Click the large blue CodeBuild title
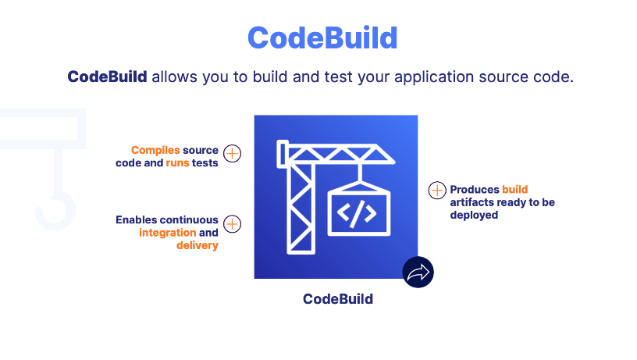click(322, 37)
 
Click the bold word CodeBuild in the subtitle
click(107, 77)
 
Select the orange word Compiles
click(155, 150)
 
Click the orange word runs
click(177, 162)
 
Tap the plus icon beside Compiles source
click(233, 153)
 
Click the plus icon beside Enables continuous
click(232, 223)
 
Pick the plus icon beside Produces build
click(437, 190)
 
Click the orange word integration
click(167, 233)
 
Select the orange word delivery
click(197, 245)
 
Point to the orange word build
click(515, 190)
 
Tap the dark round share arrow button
click(418, 273)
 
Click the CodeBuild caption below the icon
click(337, 299)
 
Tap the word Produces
click(474, 190)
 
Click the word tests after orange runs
click(205, 162)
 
